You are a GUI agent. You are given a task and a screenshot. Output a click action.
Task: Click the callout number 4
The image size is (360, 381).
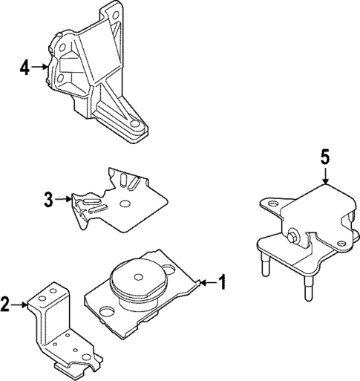click(x=24, y=68)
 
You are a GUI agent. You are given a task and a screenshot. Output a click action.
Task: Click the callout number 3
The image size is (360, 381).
click(x=48, y=198)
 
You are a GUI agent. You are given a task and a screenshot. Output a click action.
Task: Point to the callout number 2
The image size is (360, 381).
click(x=7, y=303)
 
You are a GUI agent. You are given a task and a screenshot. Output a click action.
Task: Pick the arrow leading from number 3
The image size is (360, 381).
click(x=65, y=198)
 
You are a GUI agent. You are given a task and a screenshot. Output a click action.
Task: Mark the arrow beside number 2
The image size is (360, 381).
click(x=22, y=303)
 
